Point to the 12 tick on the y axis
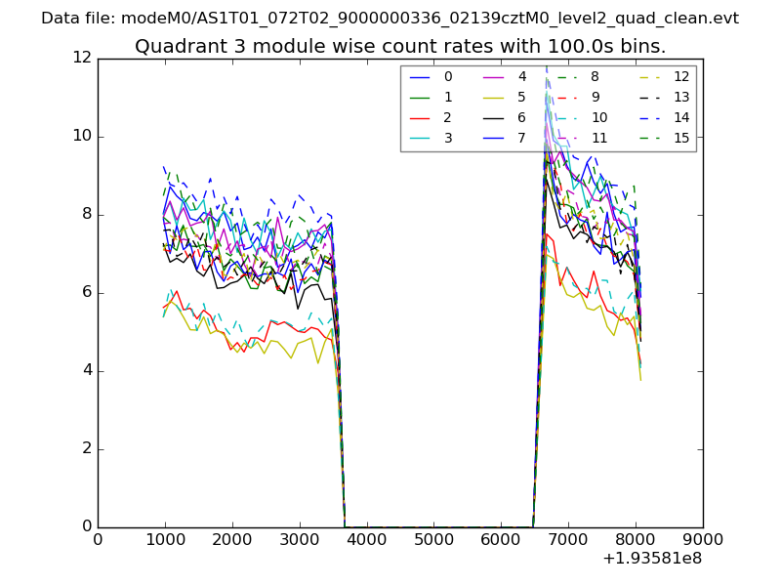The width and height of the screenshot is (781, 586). pyautogui.click(x=83, y=58)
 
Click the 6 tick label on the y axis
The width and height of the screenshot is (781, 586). pyautogui.click(x=87, y=293)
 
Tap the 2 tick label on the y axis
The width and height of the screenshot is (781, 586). pyautogui.click(x=87, y=449)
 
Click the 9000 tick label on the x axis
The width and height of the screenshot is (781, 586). pyautogui.click(x=703, y=539)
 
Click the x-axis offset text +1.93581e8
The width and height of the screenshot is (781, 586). pyautogui.click(x=652, y=559)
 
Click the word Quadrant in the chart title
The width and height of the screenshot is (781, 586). pyautogui.click(x=174, y=46)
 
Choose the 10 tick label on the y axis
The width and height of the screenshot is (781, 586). pyautogui.click(x=83, y=136)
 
